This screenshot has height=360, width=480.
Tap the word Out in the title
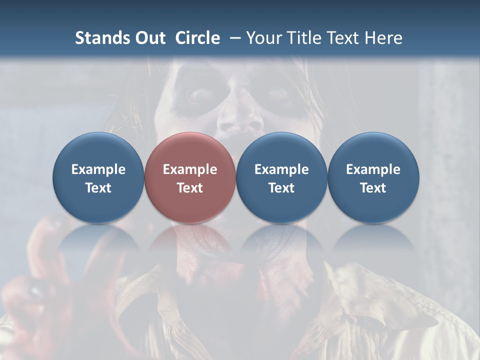click(x=148, y=38)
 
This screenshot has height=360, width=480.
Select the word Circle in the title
click(x=197, y=38)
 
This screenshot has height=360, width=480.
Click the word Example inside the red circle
click(x=190, y=169)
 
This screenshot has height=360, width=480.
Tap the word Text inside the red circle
click(x=190, y=188)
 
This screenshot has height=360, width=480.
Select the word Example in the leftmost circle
click(x=98, y=169)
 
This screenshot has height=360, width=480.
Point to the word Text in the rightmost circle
click(x=373, y=188)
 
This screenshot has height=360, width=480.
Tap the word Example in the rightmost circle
click(x=373, y=169)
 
